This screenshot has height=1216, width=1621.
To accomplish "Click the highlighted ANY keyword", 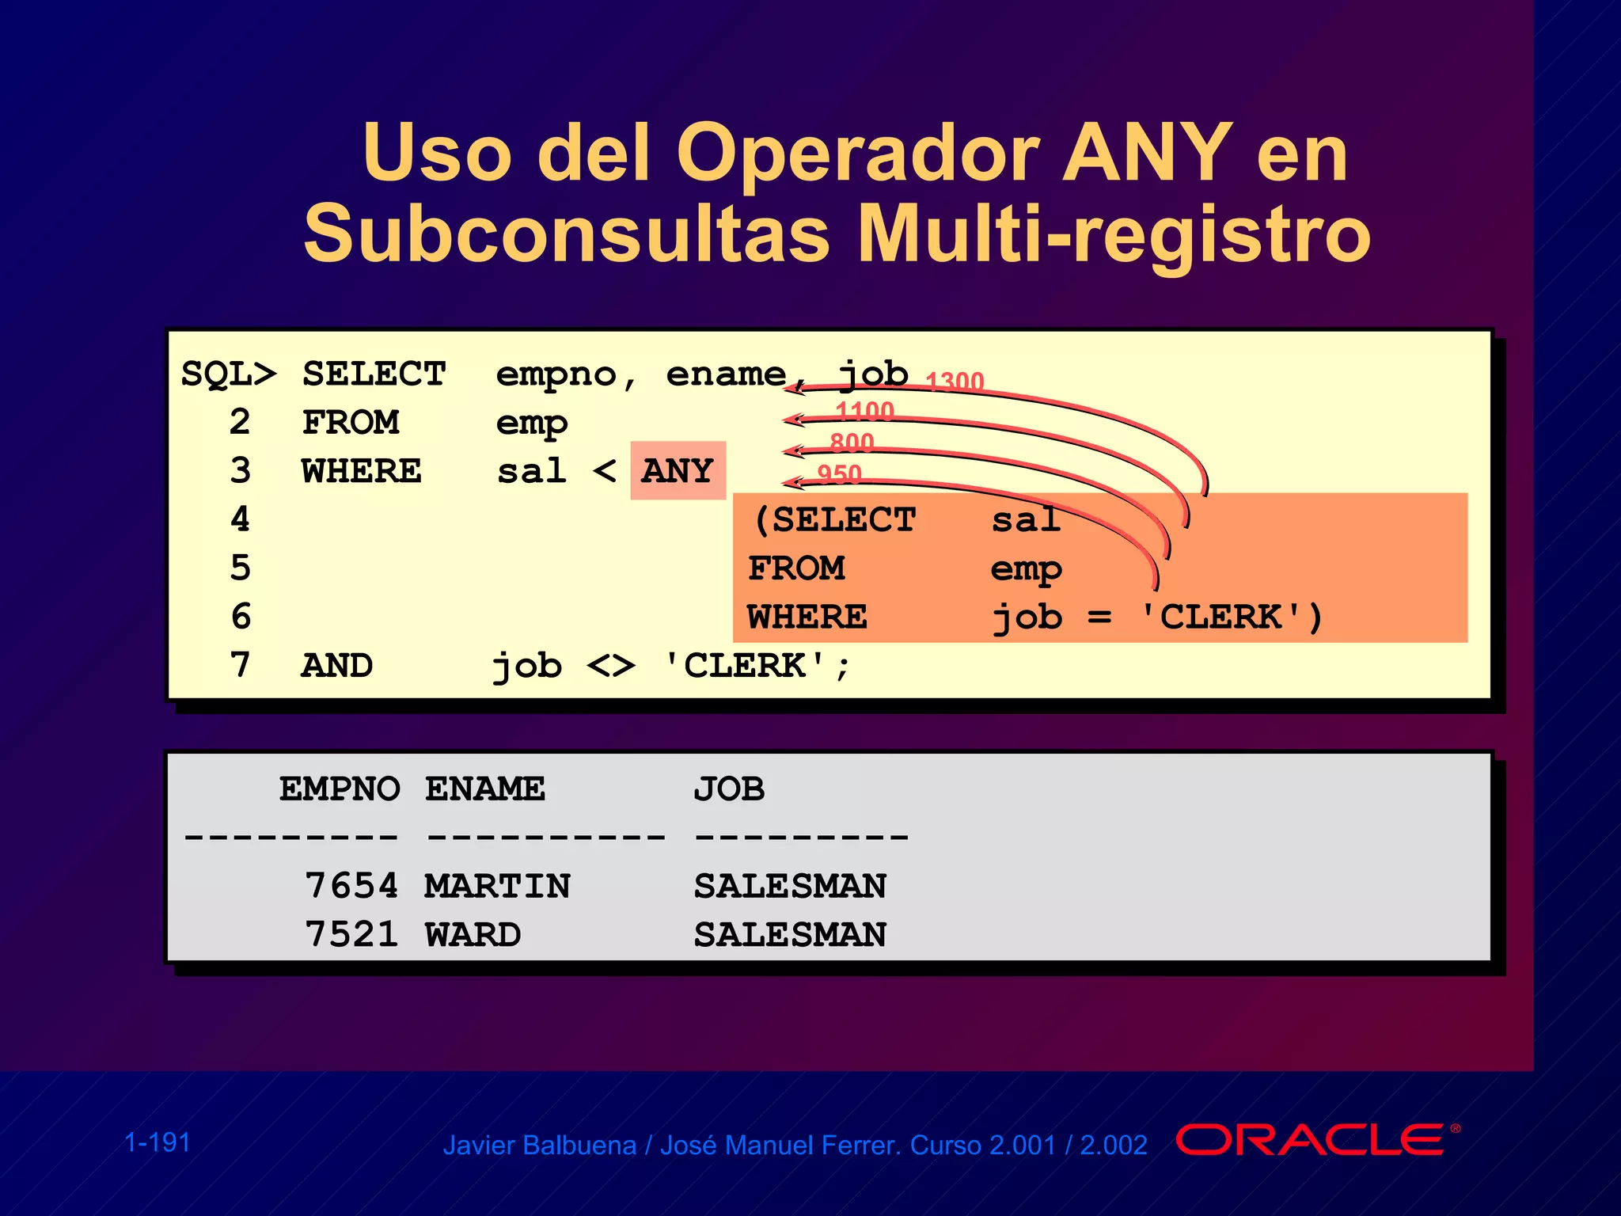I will coord(678,471).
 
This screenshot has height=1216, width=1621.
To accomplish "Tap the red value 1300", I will coord(955,382).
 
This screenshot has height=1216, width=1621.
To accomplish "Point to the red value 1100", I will coord(864,411).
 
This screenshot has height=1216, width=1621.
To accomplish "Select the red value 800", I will coord(852,442).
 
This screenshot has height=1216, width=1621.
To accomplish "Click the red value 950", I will coord(839,473).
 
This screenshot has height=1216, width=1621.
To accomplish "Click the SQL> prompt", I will coord(229,374).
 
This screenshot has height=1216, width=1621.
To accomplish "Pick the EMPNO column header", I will coord(340,789).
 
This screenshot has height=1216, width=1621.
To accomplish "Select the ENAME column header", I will coord(484,789).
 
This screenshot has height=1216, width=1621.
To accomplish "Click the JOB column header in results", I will coord(729,789).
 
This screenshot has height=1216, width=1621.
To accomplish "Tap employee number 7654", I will coord(351,886).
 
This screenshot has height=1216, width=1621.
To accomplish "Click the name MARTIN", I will coord(497,886).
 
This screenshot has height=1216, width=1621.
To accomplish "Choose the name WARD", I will coord(473,935).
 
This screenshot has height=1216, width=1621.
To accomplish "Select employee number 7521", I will coord(351,935).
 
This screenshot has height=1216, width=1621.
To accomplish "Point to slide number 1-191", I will coord(158,1142).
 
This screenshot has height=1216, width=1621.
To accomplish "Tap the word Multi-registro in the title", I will coord(1114,234).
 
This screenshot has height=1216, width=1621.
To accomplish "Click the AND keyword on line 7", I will coord(336,666).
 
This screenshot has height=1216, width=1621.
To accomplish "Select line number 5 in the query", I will coord(241,568).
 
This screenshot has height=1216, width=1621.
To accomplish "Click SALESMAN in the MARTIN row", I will coord(790,886).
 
